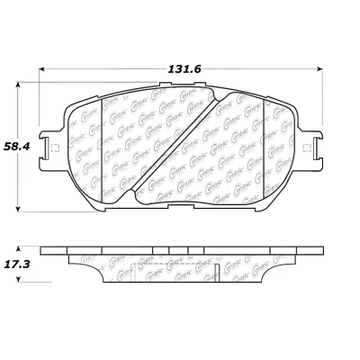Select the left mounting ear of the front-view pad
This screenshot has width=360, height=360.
(x=57, y=148)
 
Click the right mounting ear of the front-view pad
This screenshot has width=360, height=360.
(x=311, y=148)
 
